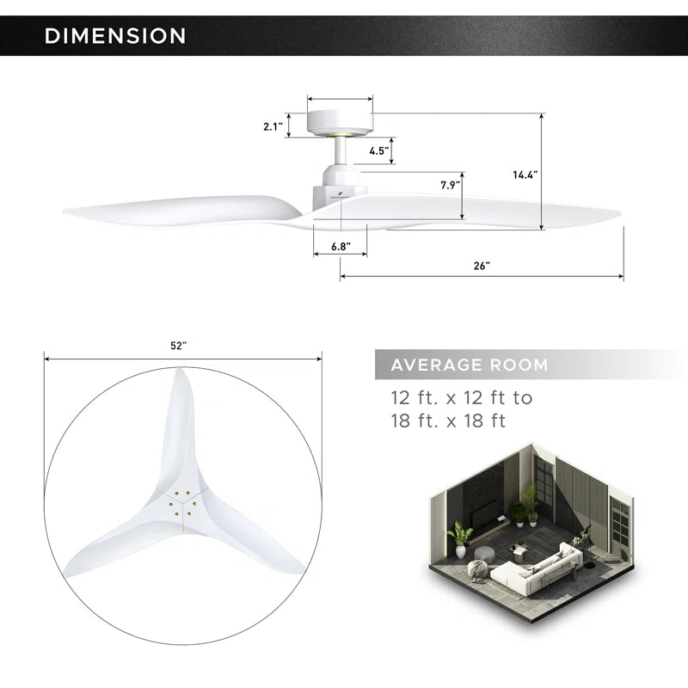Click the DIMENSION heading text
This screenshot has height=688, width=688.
click(x=114, y=35)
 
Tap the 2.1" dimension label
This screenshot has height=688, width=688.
click(x=273, y=126)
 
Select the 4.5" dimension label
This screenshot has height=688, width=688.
click(x=379, y=150)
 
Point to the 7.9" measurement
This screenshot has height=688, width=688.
click(x=450, y=184)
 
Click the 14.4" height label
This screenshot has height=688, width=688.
click(x=525, y=175)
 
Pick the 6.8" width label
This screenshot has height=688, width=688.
click(x=340, y=246)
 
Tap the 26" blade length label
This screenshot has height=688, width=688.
click(x=481, y=266)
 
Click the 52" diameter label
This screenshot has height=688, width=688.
click(x=178, y=345)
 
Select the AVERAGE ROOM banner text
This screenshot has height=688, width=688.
click(x=469, y=365)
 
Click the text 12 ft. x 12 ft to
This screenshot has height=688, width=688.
click(x=461, y=398)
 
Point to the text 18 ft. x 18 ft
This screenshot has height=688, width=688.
click(x=447, y=421)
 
